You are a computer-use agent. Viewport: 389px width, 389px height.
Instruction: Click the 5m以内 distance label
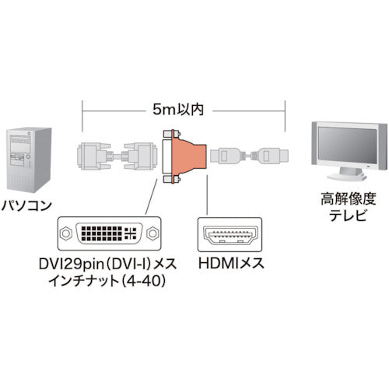point(184,110)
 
